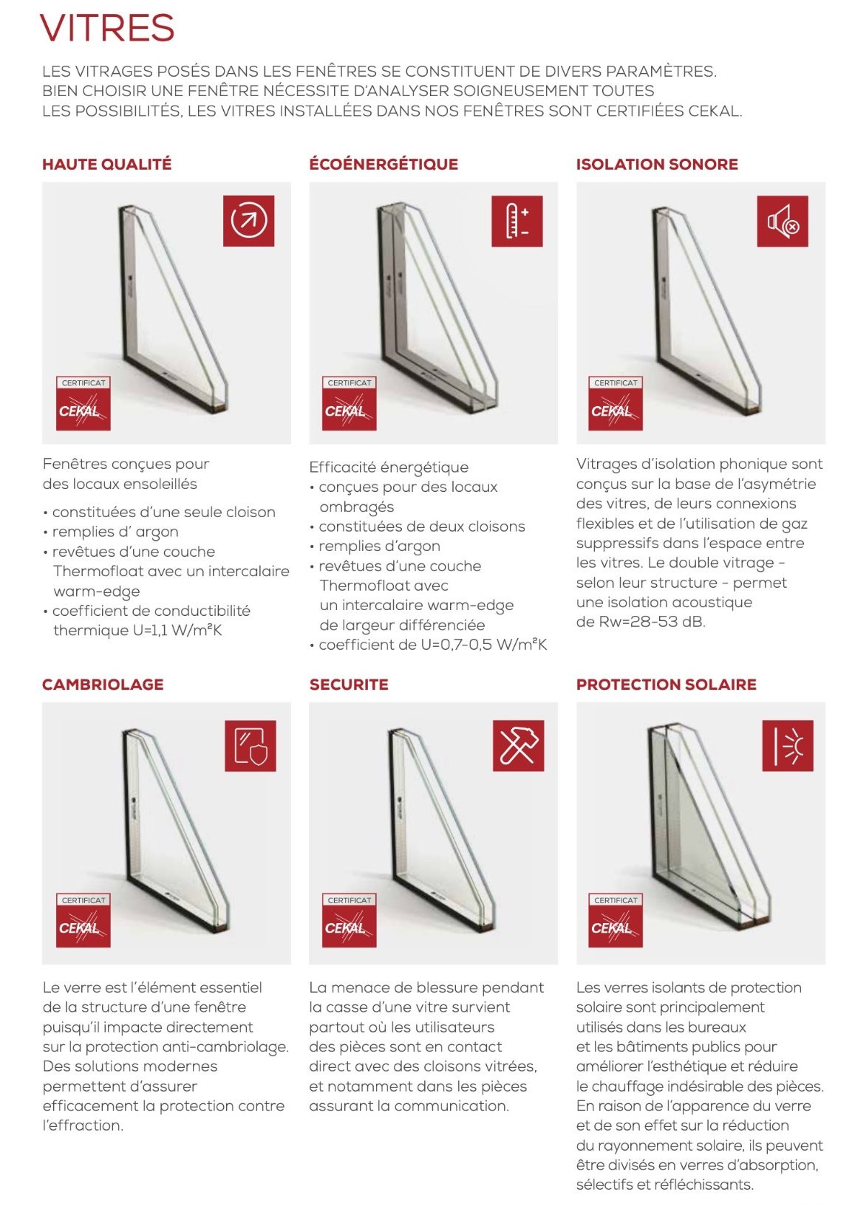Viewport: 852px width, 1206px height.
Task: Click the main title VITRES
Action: [107, 29]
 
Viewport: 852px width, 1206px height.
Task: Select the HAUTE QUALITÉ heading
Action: [106, 164]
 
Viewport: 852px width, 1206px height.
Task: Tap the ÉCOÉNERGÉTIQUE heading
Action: [384, 164]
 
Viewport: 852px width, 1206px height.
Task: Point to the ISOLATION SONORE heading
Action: [657, 164]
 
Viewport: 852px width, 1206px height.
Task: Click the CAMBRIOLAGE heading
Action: [103, 684]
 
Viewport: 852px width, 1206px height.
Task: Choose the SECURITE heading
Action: [349, 684]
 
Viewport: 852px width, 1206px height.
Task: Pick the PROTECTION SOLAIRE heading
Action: [666, 684]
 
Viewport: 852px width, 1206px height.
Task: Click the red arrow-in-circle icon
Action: [248, 220]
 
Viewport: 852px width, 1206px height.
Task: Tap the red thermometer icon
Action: [517, 221]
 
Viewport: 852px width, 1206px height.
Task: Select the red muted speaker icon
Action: [783, 221]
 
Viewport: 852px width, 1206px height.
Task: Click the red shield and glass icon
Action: [251, 745]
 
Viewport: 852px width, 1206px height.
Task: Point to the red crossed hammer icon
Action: [518, 745]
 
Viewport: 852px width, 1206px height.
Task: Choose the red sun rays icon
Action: [788, 745]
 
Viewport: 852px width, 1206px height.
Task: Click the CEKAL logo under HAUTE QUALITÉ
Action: [84, 403]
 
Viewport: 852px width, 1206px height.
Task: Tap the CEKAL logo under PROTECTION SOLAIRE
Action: [616, 920]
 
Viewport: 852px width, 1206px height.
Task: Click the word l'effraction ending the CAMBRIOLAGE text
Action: [83, 1126]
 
